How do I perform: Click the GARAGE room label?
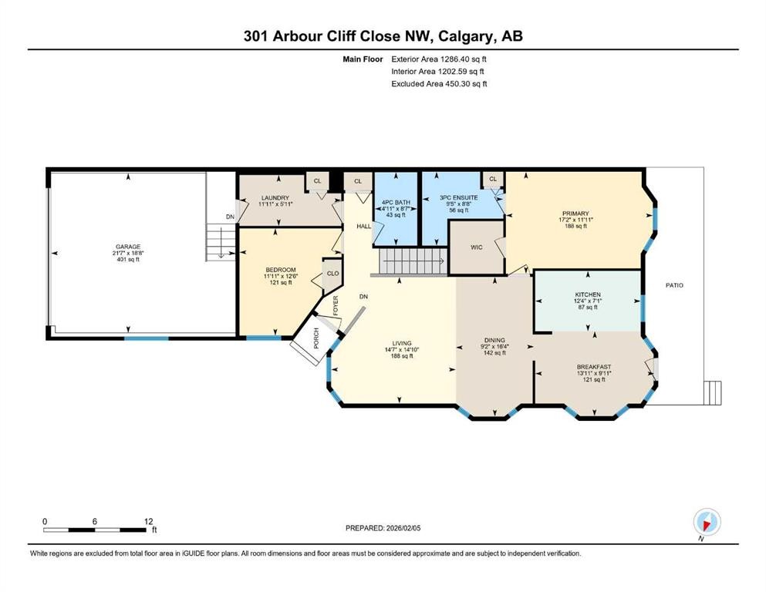[x=128, y=247]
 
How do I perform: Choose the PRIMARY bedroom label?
[x=575, y=214]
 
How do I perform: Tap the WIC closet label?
[x=476, y=248]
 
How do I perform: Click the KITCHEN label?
[x=588, y=294]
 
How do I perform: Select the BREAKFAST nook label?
[x=593, y=367]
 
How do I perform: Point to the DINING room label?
[x=494, y=340]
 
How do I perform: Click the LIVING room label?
[x=401, y=343]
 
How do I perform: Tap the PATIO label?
[x=674, y=285]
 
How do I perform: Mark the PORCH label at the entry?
[x=316, y=338]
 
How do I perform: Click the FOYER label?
[x=336, y=306]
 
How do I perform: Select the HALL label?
[x=363, y=226]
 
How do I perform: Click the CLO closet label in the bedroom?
[x=332, y=273]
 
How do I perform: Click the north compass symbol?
[x=707, y=521]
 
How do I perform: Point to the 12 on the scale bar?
[x=148, y=521]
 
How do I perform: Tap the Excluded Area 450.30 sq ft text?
[x=439, y=84]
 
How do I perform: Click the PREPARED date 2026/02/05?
[x=384, y=528]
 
